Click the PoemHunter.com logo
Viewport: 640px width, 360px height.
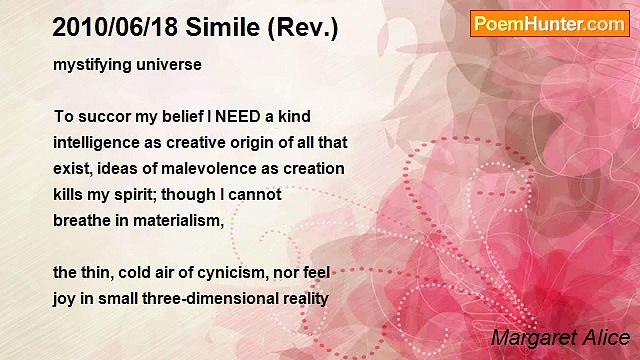pos(549,24)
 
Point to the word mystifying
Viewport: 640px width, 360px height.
pos(90,65)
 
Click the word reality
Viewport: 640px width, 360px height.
pos(302,298)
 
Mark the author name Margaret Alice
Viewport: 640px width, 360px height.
pos(561,337)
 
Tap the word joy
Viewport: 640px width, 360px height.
pos(65,298)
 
